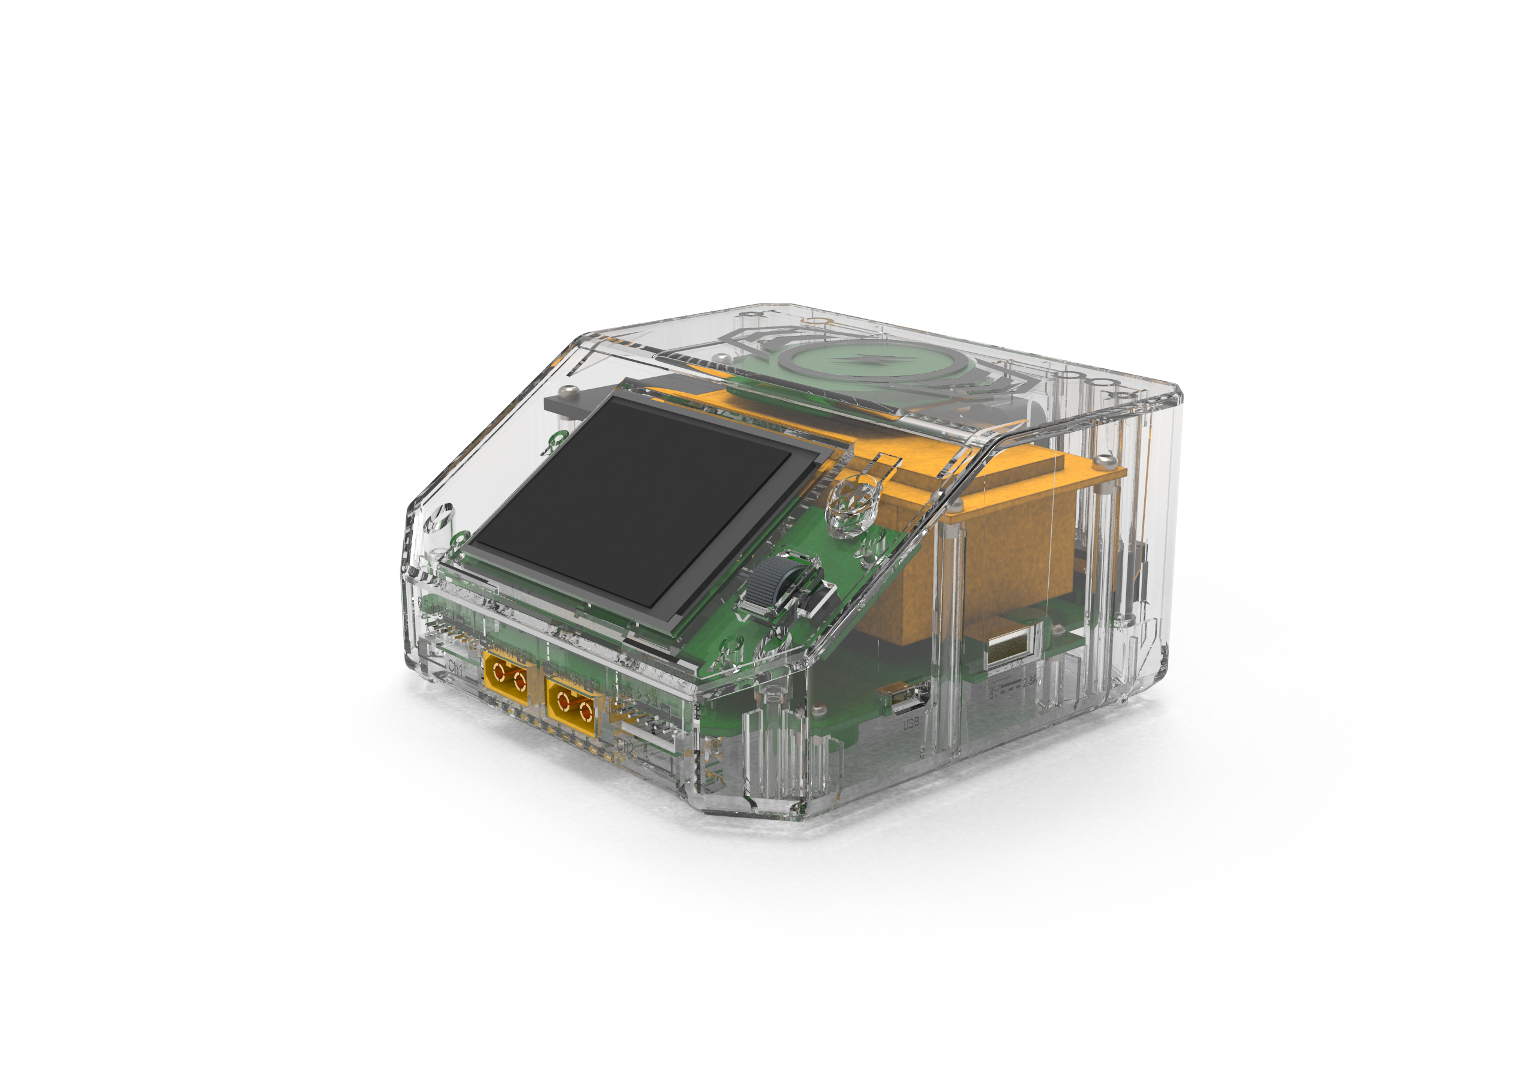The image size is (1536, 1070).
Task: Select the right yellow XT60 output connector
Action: click(571, 707)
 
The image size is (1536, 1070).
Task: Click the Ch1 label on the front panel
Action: click(455, 667)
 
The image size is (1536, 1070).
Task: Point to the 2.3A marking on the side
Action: click(1030, 681)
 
